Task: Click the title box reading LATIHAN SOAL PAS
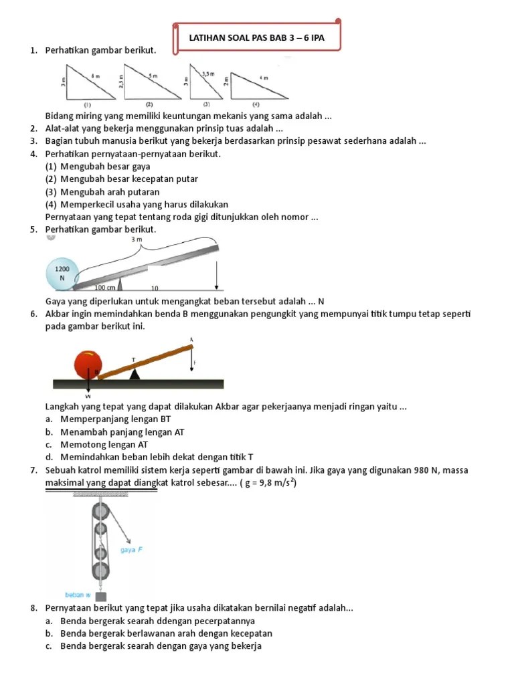(x=256, y=38)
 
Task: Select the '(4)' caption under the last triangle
(x=256, y=105)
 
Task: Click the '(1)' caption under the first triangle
(x=88, y=105)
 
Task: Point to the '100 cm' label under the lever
(x=105, y=288)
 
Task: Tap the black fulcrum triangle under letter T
(x=135, y=374)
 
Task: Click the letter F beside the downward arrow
(x=195, y=363)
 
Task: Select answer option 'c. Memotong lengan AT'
(x=98, y=444)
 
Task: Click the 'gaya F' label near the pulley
(x=131, y=551)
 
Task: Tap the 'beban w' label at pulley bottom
(x=78, y=594)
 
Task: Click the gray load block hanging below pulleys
(x=101, y=596)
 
